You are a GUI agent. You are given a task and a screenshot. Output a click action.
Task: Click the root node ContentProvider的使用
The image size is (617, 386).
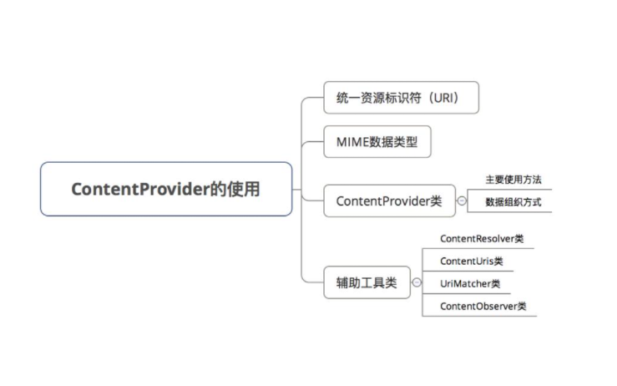[166, 189]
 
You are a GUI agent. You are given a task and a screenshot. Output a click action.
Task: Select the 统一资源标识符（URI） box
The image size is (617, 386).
[402, 97]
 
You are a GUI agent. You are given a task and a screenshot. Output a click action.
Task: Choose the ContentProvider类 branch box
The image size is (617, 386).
[389, 201]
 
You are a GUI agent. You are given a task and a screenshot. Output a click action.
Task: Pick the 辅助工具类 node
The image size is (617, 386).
[367, 283]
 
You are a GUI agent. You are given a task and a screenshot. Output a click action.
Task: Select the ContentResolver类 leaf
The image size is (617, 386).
[482, 239]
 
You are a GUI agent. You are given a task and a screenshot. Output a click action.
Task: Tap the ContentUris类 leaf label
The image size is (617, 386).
[471, 262]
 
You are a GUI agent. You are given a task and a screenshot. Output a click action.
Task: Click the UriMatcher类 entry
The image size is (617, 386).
[470, 284]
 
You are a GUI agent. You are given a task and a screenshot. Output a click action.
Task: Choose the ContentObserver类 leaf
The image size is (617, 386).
[483, 306]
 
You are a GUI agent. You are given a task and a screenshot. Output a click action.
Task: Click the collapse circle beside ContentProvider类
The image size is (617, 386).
[461, 201]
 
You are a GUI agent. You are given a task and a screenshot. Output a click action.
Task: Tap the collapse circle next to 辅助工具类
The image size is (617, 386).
[417, 283]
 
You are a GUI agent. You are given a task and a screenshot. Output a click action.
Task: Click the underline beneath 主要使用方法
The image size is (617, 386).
[509, 189]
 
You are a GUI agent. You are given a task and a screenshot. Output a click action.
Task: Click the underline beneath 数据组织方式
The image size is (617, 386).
[509, 212]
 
